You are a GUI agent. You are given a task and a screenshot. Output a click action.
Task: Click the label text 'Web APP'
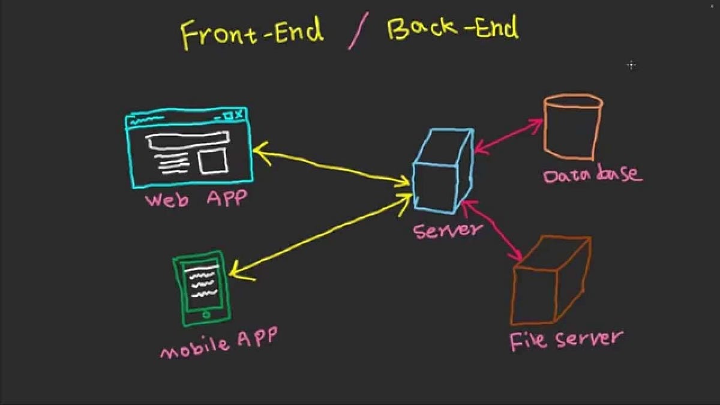point(196,199)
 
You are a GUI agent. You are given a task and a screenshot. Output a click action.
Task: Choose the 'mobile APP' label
point(218,342)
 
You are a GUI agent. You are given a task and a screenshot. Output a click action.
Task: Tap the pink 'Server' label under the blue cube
point(448,229)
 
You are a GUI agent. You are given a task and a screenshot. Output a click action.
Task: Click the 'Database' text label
point(592,175)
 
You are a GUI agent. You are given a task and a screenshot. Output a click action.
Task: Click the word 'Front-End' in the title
point(253,32)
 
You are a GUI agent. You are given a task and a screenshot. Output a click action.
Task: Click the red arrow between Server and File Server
point(493,232)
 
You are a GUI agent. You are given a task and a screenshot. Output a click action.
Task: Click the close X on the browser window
point(239,114)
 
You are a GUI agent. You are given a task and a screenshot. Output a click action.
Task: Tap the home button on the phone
point(206,314)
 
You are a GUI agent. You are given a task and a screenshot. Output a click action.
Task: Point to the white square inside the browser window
point(212,161)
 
